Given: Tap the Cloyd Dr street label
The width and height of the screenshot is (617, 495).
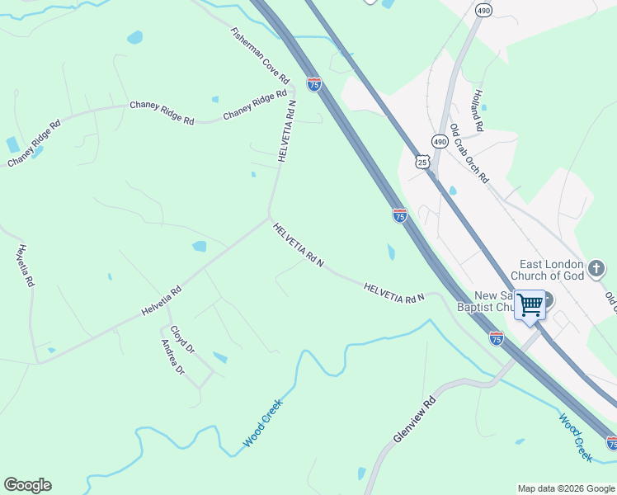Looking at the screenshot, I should click(182, 339).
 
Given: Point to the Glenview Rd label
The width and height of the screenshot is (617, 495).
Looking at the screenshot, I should click(414, 421).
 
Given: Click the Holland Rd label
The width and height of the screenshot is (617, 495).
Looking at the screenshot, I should click(478, 111).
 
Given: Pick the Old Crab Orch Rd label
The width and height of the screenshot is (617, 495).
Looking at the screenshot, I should click(469, 153).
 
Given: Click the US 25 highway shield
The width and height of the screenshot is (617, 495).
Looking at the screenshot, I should click(423, 162).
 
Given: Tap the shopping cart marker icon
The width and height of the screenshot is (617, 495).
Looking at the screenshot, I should click(530, 304).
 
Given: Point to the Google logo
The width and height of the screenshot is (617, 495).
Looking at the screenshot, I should click(27, 485).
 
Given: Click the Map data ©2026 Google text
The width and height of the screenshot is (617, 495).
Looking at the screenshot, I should click(565, 488).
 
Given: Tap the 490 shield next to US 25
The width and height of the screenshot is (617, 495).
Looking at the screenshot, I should click(440, 142).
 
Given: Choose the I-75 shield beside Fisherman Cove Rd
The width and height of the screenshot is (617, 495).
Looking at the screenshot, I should click(313, 83).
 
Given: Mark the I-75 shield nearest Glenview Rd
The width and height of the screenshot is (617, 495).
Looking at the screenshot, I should click(496, 337).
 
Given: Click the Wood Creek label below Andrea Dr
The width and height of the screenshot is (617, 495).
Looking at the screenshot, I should click(263, 423).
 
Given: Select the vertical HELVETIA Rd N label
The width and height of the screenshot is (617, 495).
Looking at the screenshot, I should click(286, 130).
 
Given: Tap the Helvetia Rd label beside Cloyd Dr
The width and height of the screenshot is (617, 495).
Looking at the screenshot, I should click(161, 301).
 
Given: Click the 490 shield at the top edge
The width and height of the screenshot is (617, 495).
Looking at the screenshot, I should click(484, 10).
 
